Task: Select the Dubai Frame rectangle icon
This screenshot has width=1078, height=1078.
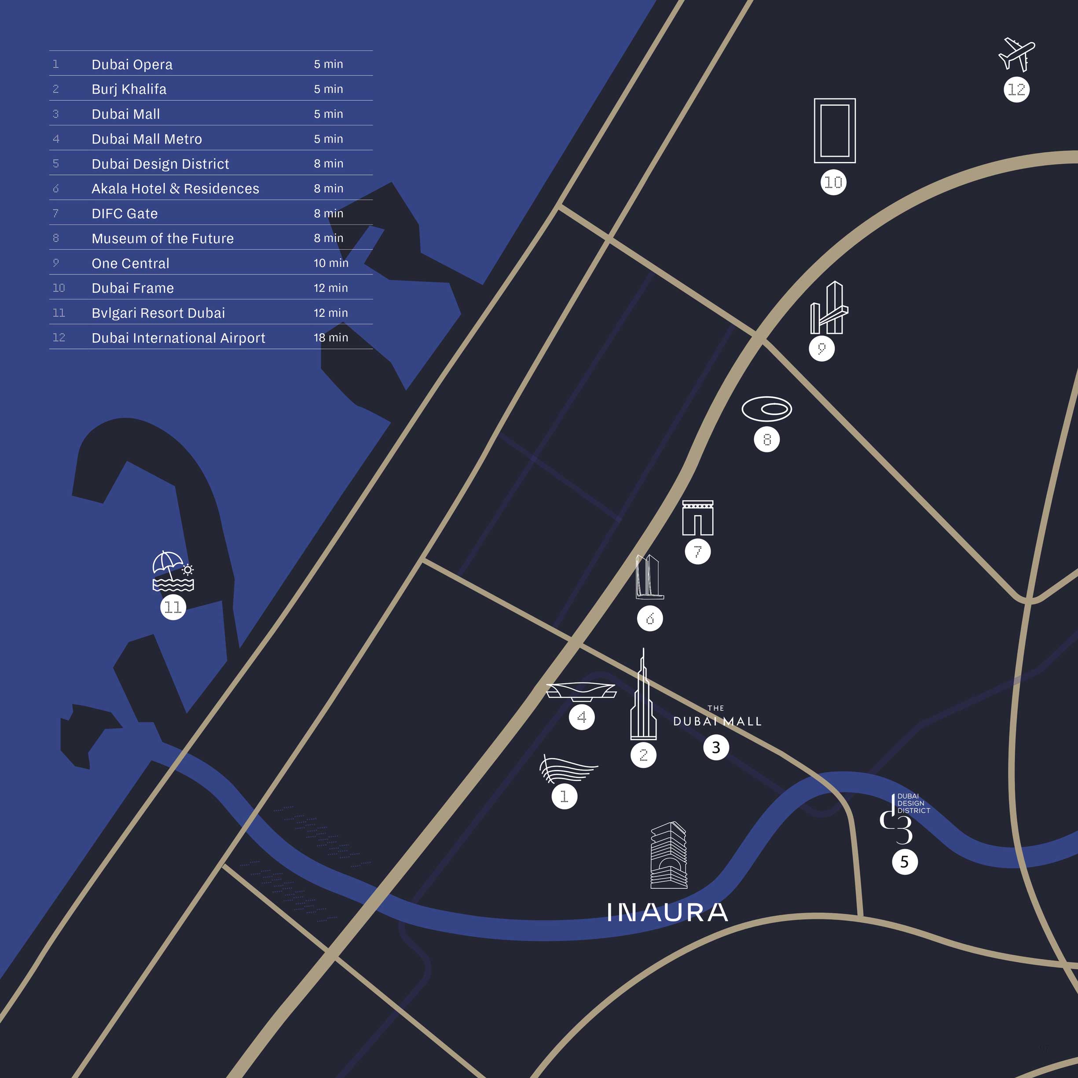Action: pyautogui.click(x=834, y=131)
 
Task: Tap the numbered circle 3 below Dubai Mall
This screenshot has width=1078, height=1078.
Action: pyautogui.click(x=716, y=748)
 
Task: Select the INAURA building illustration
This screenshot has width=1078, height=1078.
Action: pyautogui.click(x=669, y=855)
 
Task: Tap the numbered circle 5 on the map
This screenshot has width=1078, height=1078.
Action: pyautogui.click(x=905, y=862)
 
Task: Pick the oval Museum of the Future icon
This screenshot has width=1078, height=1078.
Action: pyautogui.click(x=766, y=409)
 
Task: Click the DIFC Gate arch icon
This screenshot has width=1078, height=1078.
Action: pyautogui.click(x=697, y=518)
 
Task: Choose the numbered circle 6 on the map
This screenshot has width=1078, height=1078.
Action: pyautogui.click(x=650, y=618)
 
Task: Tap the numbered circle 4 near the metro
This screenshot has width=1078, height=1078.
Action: pyautogui.click(x=581, y=717)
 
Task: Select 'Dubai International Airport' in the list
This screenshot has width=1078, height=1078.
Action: pyautogui.click(x=178, y=338)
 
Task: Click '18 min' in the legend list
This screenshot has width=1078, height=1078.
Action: pyautogui.click(x=330, y=337)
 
